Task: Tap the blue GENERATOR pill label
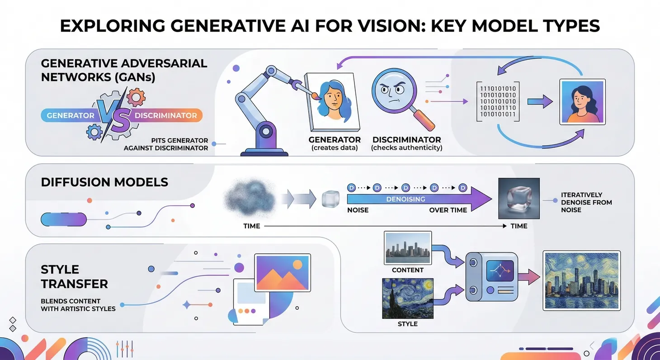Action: point(70,115)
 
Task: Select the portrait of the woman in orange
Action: point(582,102)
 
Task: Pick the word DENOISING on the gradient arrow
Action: point(405,199)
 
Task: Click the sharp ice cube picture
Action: point(519,199)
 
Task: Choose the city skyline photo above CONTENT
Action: point(407,248)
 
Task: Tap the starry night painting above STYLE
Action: point(407,298)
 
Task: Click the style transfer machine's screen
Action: point(500,271)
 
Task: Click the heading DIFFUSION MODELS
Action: point(104,182)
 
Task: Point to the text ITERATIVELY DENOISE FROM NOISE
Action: point(586,202)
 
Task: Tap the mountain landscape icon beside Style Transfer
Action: point(282,272)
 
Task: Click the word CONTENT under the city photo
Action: point(408,270)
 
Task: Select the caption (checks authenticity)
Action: point(406,148)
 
